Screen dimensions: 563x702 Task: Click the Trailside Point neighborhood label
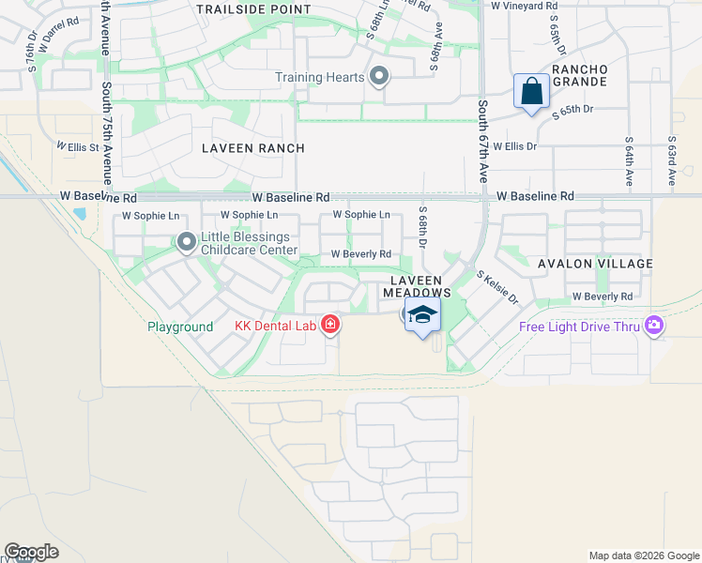pyautogui.click(x=253, y=9)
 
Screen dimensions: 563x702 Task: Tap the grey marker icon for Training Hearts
pyautogui.click(x=378, y=76)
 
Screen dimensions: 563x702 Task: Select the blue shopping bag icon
pyautogui.click(x=531, y=93)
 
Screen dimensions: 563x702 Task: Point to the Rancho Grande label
pyautogui.click(x=580, y=76)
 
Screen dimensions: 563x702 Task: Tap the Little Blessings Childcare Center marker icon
pyautogui.click(x=186, y=243)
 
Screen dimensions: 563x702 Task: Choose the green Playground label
pyautogui.click(x=180, y=327)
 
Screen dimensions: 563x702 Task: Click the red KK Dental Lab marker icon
pyautogui.click(x=329, y=325)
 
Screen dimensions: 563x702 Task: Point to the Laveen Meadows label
pyautogui.click(x=417, y=286)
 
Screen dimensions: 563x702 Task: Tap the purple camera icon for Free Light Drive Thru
pyautogui.click(x=653, y=326)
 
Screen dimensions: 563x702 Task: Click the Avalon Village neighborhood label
pyautogui.click(x=595, y=264)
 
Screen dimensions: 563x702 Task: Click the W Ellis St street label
pyautogui.click(x=77, y=146)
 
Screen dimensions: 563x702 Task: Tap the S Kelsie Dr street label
pyautogui.click(x=498, y=287)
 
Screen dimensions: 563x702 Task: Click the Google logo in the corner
pyautogui.click(x=31, y=552)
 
